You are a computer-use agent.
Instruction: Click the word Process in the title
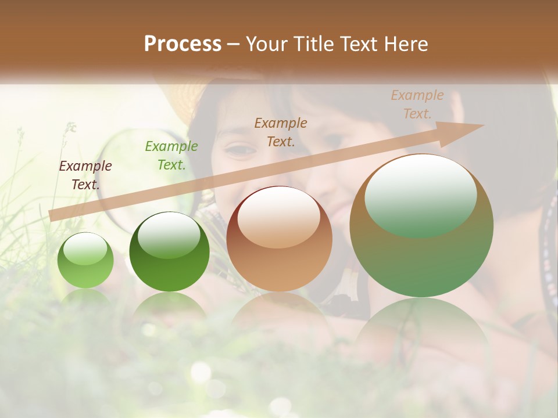[183, 44]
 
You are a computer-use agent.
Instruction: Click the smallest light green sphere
[85, 260]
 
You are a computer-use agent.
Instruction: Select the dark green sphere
[169, 252]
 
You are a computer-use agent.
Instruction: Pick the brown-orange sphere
[279, 239]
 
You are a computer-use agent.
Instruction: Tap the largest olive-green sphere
[421, 225]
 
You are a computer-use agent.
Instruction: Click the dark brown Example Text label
[85, 175]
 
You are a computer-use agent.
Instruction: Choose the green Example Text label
[171, 156]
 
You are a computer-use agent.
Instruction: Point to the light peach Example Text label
[417, 105]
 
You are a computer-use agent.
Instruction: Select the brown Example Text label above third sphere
[281, 132]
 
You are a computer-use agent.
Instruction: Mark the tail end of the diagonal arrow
[51, 216]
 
